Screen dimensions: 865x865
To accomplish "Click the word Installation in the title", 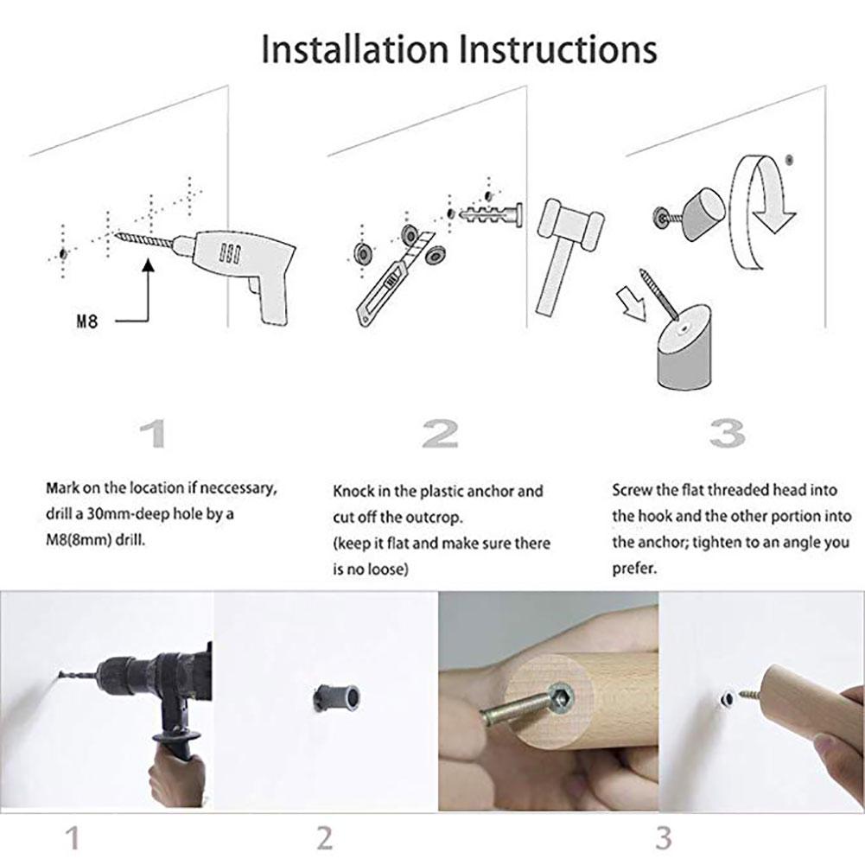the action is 354,49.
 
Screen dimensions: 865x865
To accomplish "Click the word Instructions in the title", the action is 557,49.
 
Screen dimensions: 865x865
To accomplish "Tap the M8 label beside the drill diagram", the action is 86,321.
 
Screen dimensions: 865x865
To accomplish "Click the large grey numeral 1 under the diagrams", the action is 153,434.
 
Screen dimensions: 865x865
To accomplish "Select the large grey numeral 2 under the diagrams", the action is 440,434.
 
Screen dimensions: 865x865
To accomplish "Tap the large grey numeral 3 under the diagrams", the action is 727,434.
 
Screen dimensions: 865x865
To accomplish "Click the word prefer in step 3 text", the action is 634,569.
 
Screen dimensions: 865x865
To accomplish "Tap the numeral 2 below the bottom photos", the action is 324,838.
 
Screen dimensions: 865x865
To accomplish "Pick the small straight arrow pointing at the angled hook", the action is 633,302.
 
